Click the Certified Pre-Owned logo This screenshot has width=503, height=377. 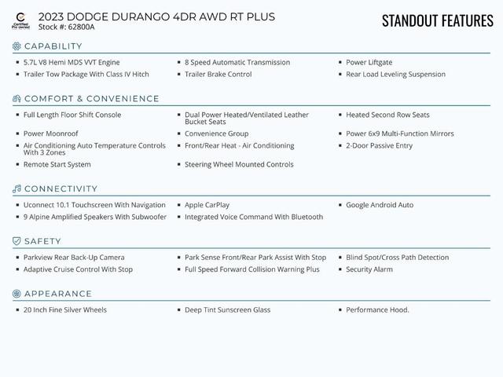20,20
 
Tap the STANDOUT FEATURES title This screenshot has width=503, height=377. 437,20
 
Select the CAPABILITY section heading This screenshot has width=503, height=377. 53,46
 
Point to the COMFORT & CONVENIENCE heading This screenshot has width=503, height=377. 91,99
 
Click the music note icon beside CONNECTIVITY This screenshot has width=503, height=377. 17,189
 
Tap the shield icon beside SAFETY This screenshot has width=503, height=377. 17,241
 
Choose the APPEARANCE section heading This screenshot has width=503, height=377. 57,294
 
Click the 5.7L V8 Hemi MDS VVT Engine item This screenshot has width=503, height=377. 72,62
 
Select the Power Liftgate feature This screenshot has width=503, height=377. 369,62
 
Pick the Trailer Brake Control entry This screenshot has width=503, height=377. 218,75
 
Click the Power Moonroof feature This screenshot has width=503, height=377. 51,134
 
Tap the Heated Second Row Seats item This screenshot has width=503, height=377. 387,115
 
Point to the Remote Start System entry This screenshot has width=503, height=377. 57,164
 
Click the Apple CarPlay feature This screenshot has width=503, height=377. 207,205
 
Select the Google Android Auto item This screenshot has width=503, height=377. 380,205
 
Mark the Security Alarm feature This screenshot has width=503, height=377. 369,269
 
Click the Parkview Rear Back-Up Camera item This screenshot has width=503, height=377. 74,257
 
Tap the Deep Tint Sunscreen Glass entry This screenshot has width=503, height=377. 227,309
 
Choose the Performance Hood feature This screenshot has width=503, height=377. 377,309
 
